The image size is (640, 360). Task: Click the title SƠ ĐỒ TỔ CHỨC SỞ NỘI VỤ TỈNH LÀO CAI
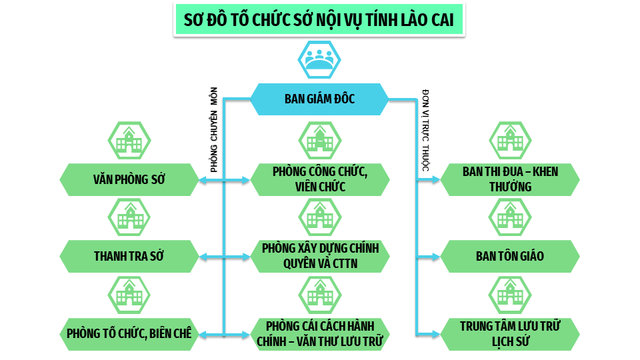pyautogui.click(x=319, y=20)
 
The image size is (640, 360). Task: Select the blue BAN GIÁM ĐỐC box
pyautogui.click(x=319, y=99)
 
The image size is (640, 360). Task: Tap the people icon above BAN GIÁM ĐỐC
pyautogui.click(x=319, y=59)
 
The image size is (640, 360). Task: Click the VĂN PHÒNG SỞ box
pyautogui.click(x=129, y=179)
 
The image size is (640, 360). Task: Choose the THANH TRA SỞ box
pyautogui.click(x=129, y=256)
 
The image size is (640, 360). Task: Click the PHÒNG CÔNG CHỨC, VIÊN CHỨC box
pyautogui.click(x=319, y=179)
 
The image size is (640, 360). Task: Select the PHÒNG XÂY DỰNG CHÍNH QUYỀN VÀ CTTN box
pyautogui.click(x=319, y=256)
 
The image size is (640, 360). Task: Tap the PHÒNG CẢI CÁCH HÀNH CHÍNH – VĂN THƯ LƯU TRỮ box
pyautogui.click(x=319, y=333)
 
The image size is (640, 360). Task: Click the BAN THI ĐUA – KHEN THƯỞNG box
pyautogui.click(x=510, y=179)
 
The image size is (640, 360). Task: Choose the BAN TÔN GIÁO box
pyautogui.click(x=510, y=256)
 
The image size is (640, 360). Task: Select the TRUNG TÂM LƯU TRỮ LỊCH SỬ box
pyautogui.click(x=510, y=333)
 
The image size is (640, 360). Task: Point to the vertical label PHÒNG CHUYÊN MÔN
pyautogui.click(x=214, y=132)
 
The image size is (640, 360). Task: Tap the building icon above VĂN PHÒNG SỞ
pyautogui.click(x=129, y=141)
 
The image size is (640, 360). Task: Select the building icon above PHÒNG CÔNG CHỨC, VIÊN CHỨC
pyautogui.click(x=319, y=141)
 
